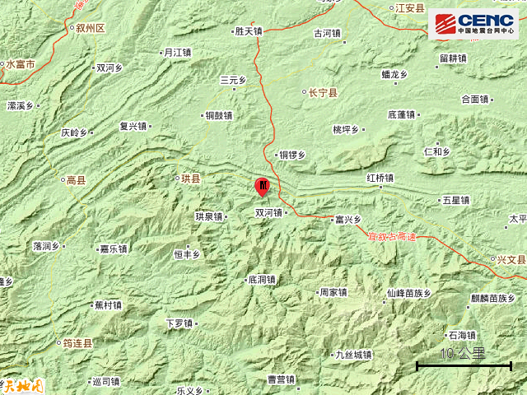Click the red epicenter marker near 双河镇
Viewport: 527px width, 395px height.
point(263,186)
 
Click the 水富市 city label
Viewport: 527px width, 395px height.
point(19,63)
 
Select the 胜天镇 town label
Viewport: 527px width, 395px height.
point(247,32)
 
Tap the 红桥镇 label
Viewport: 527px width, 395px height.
point(380,178)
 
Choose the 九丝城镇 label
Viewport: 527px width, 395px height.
point(353,355)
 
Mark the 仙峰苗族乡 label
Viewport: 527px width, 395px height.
point(408,292)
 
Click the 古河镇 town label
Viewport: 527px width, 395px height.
point(327,34)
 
